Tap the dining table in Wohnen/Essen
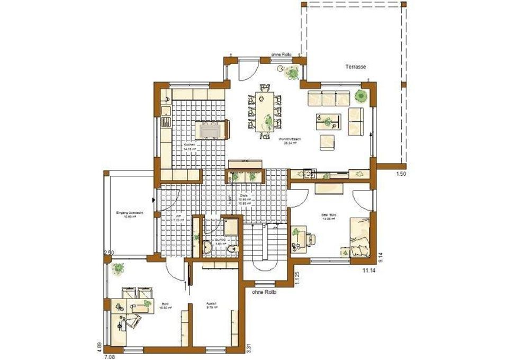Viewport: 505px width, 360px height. (x=263, y=110)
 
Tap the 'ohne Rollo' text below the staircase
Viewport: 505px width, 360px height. (x=264, y=292)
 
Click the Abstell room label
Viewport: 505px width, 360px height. (x=211, y=304)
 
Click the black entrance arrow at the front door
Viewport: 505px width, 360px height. (x=153, y=200)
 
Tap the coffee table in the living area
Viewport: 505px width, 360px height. (x=327, y=121)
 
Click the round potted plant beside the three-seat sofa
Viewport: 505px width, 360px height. (x=361, y=96)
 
